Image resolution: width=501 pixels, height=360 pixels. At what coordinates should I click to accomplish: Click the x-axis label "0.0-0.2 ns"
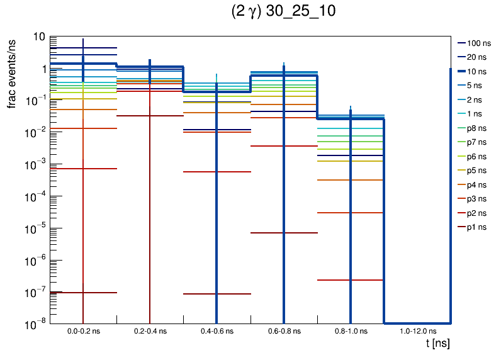click(x=83, y=330)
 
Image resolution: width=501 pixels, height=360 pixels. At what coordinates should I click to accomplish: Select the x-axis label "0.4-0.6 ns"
click(x=217, y=330)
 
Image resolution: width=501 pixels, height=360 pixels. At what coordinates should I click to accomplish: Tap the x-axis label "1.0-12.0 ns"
click(x=417, y=330)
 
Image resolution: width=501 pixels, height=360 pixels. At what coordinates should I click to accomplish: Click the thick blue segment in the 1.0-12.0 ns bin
click(x=417, y=322)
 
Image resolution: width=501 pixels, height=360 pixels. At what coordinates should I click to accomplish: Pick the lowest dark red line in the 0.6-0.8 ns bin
click(x=284, y=233)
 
